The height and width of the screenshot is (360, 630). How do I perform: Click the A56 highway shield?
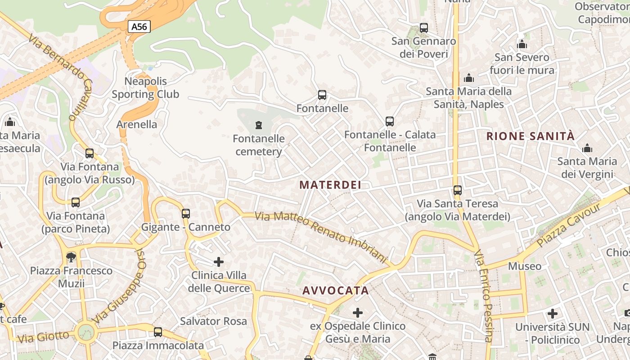click(x=139, y=27)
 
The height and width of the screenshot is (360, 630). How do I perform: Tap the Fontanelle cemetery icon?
click(x=259, y=125)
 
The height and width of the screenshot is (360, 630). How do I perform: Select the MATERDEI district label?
click(x=330, y=185)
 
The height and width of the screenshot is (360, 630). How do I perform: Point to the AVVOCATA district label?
click(x=336, y=291)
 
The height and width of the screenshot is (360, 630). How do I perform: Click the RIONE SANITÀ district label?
click(x=531, y=136)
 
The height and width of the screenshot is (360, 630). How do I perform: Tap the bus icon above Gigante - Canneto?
click(x=186, y=213)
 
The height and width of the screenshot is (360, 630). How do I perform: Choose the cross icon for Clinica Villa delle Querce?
click(x=219, y=261)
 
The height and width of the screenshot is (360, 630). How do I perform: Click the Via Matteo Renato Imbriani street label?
click(x=321, y=237)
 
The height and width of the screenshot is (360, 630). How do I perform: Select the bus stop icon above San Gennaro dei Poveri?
click(x=424, y=28)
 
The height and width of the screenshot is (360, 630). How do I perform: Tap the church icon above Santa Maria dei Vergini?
click(x=587, y=148)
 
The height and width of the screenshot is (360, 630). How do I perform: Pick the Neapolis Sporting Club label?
click(x=145, y=88)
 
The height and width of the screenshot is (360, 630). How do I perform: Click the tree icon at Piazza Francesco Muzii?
click(x=71, y=257)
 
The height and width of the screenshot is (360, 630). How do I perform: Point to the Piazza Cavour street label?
click(x=569, y=225)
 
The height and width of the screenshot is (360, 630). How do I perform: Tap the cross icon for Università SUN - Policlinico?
click(x=553, y=313)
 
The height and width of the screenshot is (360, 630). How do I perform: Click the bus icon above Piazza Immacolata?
click(x=158, y=332)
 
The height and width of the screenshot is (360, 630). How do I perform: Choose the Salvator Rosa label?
click(x=213, y=321)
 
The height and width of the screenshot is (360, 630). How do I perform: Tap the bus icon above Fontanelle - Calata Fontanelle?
click(x=390, y=121)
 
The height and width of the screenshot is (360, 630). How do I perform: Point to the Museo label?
click(x=525, y=266)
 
